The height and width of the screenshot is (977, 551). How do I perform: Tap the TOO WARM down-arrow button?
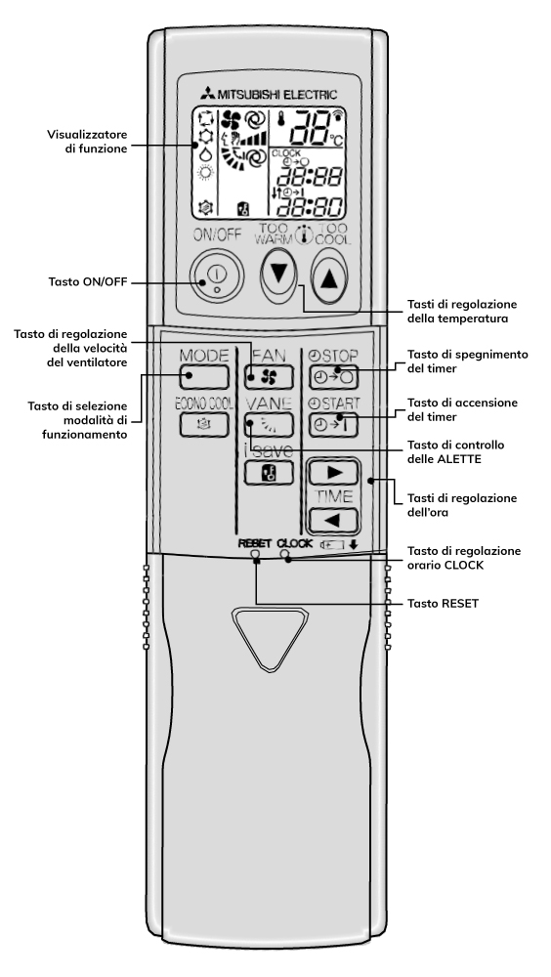pyautogui.click(x=276, y=275)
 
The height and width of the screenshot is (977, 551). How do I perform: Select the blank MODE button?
pyautogui.click(x=204, y=376)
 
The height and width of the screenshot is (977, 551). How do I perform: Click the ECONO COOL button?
pyautogui.click(x=204, y=424)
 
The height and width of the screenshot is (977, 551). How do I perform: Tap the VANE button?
pyautogui.click(x=269, y=424)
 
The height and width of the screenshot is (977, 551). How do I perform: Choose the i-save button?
pyautogui.click(x=269, y=473)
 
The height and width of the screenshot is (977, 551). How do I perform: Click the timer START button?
pyautogui.click(x=333, y=424)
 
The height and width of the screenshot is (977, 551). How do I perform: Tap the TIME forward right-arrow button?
pyautogui.click(x=333, y=472)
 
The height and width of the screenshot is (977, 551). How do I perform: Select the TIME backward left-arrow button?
pyautogui.click(x=333, y=521)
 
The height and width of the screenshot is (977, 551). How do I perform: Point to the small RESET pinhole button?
pyautogui.click(x=254, y=553)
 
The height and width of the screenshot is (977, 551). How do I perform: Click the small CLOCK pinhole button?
pyautogui.click(x=285, y=553)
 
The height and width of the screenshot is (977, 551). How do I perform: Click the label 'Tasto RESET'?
pyautogui.click(x=443, y=603)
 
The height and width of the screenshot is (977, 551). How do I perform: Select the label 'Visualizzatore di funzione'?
pyautogui.click(x=87, y=142)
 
